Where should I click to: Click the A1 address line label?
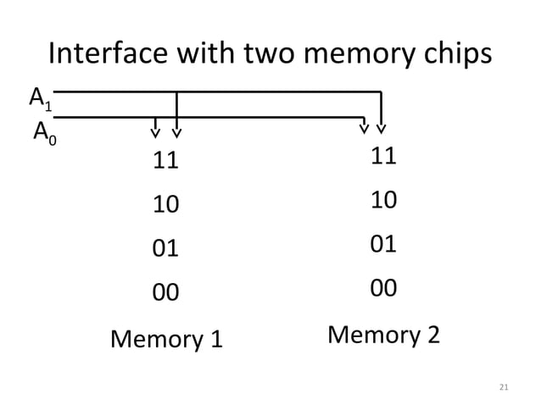point(40,100)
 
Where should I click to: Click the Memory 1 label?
point(166,340)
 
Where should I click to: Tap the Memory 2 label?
point(383,335)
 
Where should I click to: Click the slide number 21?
point(504,387)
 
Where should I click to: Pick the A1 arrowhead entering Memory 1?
point(176,131)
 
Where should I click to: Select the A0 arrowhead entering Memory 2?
point(364,129)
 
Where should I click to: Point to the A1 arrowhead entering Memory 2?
point(382,129)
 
